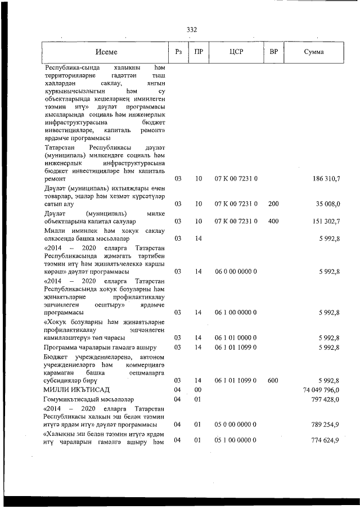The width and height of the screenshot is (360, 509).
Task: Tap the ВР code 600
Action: tap(273, 381)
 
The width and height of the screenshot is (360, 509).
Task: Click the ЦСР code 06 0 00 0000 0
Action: tap(236, 271)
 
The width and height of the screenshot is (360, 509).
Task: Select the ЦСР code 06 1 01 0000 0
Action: tap(236, 337)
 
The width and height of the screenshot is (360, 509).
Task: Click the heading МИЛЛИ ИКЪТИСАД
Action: tap(74, 389)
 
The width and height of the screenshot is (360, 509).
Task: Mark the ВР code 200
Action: tap(273, 204)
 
